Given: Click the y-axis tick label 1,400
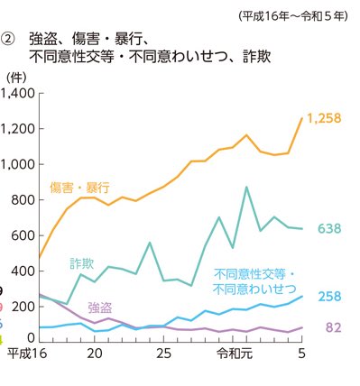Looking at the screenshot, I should (x=18, y=94).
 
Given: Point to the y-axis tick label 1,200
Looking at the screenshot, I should (x=18, y=129).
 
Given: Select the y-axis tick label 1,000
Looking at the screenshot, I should (x=18, y=164).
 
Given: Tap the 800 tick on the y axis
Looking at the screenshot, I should (x=23, y=199).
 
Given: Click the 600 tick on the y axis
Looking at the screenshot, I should (x=23, y=234).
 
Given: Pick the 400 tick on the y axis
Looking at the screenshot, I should (x=23, y=270).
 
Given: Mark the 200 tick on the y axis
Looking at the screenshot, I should (x=23, y=305).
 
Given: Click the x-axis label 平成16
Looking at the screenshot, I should (x=26, y=354).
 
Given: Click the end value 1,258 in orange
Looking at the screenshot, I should (x=325, y=118).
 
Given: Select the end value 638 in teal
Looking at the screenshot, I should (x=328, y=229).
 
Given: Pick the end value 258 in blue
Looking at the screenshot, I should (x=328, y=297).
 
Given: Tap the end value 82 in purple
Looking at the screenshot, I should (x=332, y=327).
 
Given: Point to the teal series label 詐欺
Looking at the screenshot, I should (x=82, y=263).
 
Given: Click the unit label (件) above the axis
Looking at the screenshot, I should (x=16, y=80).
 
